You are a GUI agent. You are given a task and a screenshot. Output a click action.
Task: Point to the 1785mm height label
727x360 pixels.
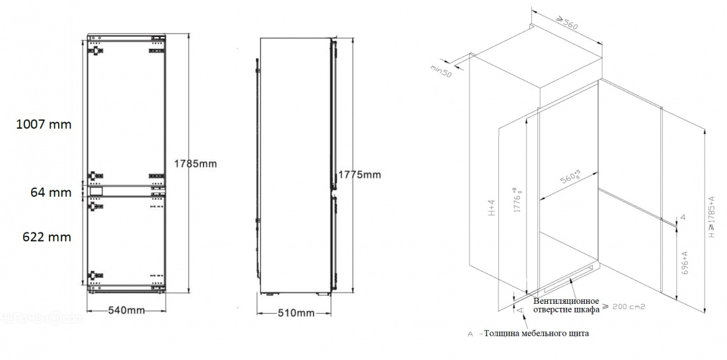[195, 163]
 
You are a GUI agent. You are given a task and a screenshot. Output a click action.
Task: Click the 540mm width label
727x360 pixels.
[126, 310]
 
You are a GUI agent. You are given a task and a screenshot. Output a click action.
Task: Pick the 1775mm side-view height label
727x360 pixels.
[360, 174]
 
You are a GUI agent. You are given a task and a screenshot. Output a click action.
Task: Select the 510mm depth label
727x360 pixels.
[295, 312]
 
